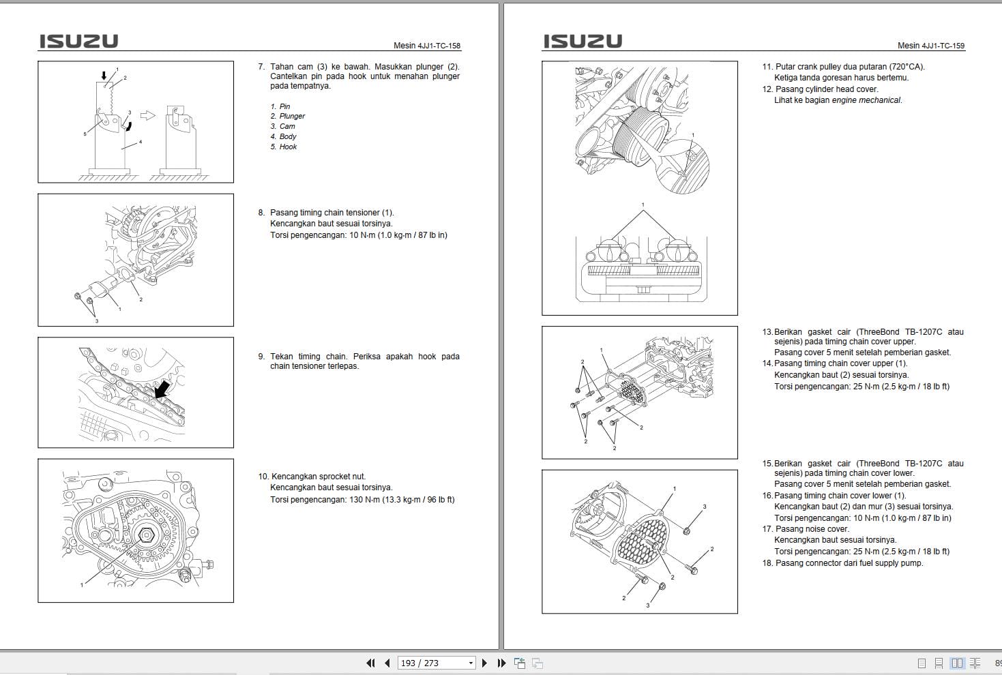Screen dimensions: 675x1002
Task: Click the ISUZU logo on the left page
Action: (78, 41)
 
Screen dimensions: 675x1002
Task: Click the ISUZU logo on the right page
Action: (583, 41)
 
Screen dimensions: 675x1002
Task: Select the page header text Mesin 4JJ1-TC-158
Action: (426, 46)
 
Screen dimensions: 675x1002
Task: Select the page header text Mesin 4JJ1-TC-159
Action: (931, 46)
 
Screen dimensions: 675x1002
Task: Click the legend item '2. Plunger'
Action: (288, 117)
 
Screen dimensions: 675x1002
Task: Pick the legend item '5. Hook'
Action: (284, 147)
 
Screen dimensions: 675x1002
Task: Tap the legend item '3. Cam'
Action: (283, 127)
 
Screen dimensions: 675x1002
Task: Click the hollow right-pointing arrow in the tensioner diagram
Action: (147, 115)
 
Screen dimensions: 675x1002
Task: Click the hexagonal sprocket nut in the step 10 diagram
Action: (145, 535)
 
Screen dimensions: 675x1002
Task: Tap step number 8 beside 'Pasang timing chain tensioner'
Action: (261, 213)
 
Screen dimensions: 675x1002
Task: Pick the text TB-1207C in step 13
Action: (924, 332)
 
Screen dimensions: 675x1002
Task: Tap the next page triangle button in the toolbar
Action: (484, 663)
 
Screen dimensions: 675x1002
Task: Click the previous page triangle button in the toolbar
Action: (387, 663)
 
